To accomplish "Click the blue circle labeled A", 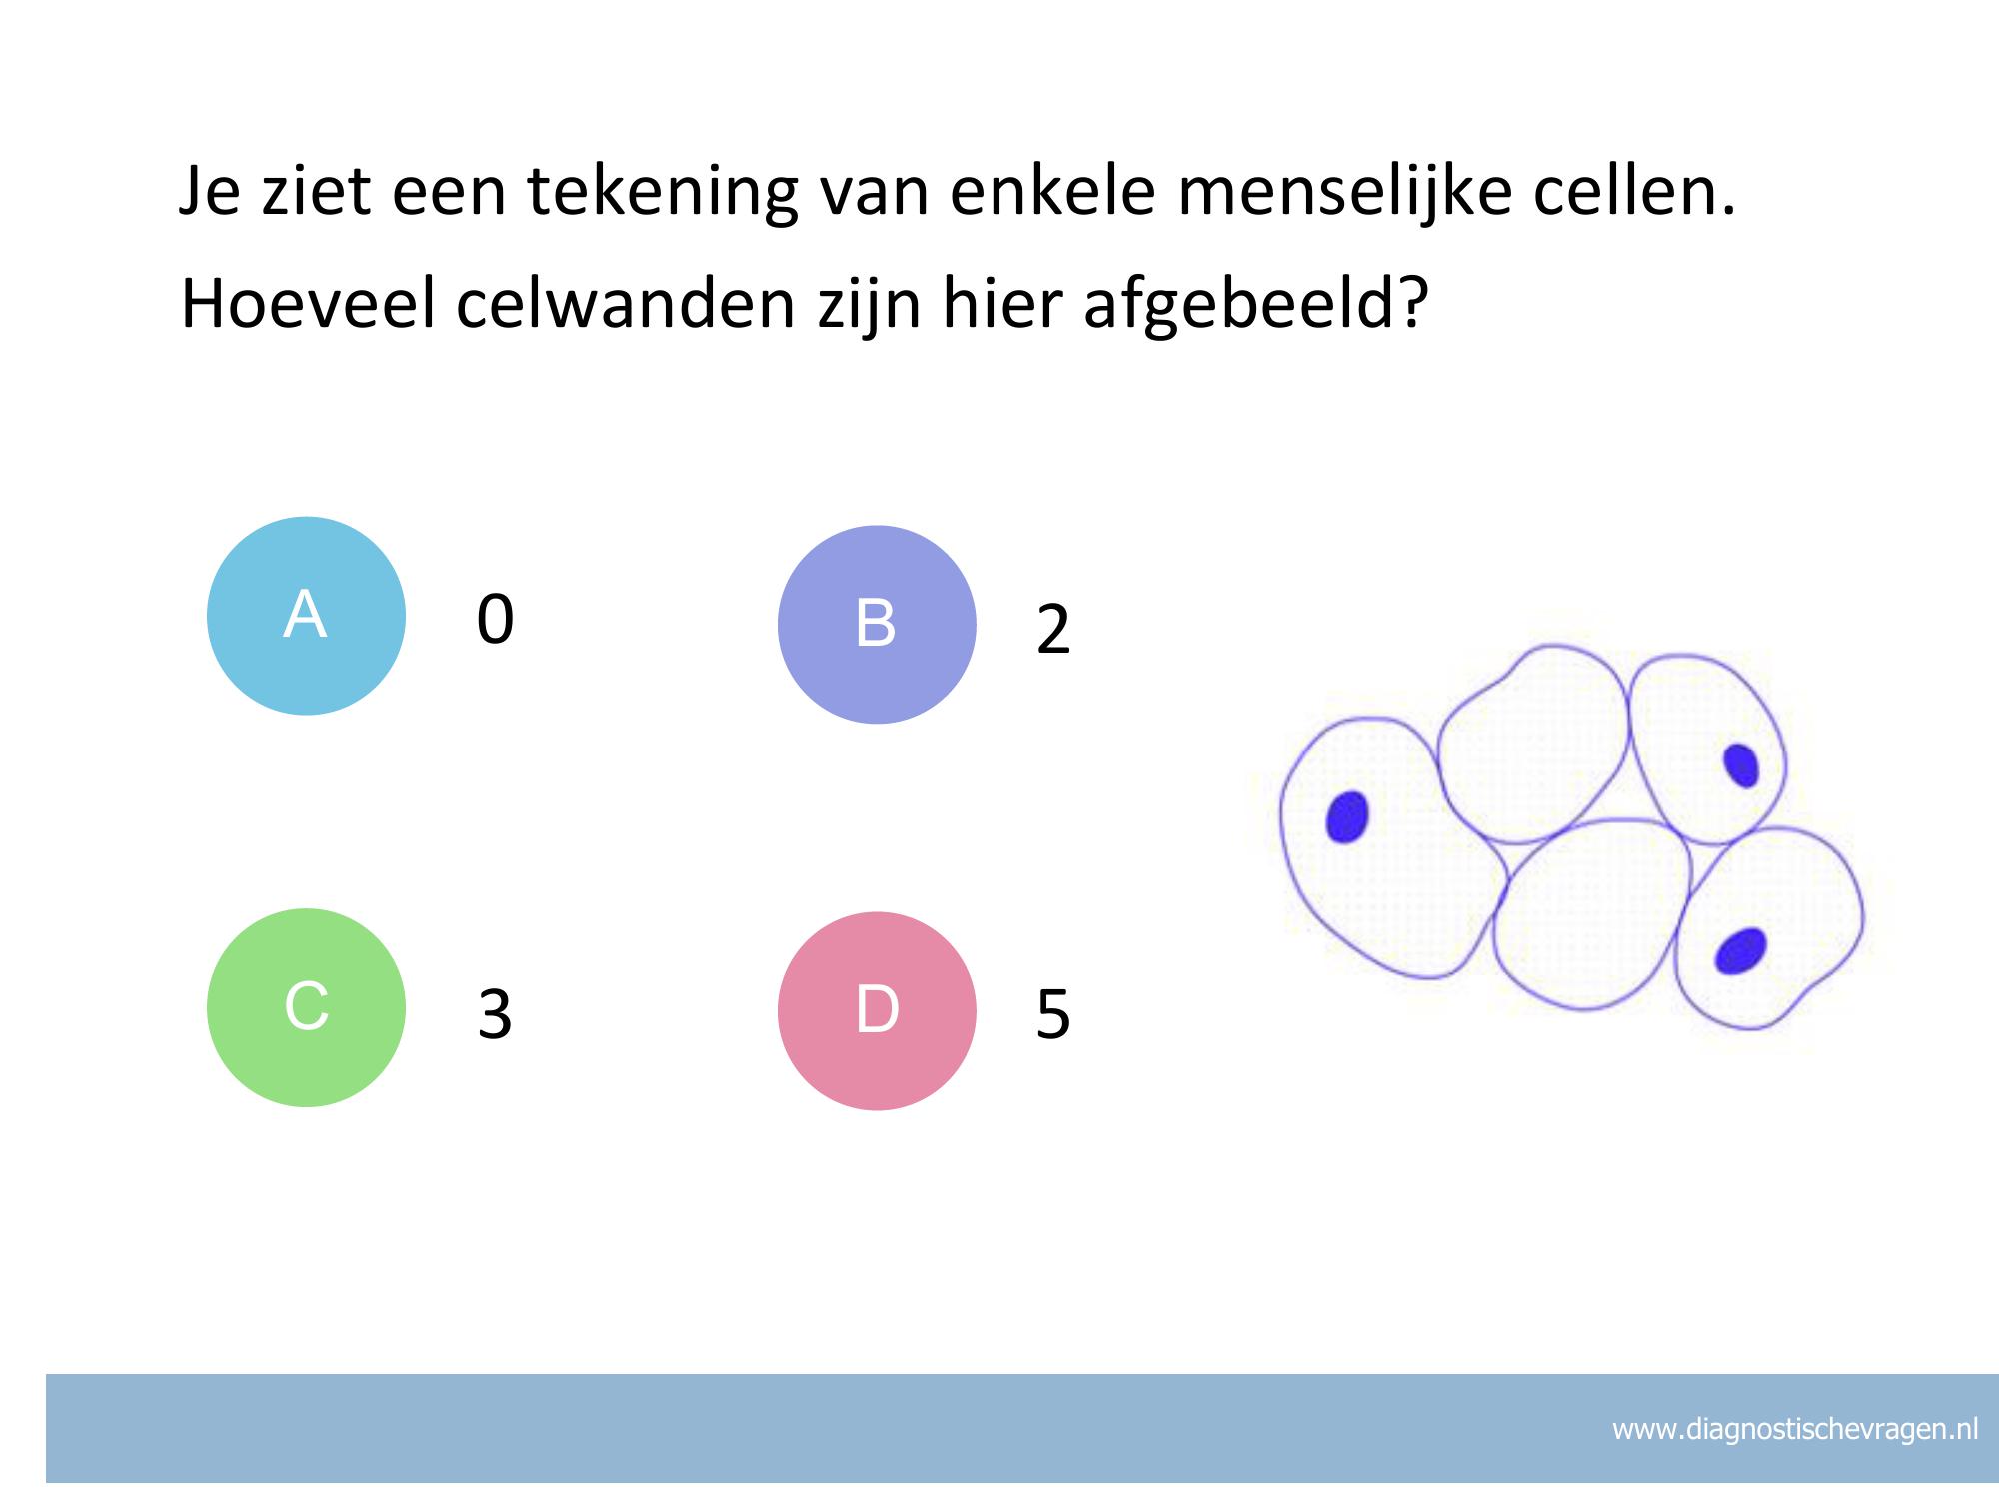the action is coord(306,616).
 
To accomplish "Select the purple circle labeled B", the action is coord(877,625).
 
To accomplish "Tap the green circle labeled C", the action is coord(306,1007).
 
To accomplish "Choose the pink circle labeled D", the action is coord(877,1011).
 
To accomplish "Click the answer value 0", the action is coord(495,619).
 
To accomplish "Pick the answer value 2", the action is coord(1053,630).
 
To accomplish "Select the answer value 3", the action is coord(495,1014).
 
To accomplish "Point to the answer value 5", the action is coord(1053,1014).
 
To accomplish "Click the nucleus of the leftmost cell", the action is coord(1346,816).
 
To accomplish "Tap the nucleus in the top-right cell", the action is coord(1741,765).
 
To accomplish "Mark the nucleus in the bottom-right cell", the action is coord(1740,950).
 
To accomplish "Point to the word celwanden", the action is coord(626,304).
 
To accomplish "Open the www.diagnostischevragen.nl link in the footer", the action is coord(1795,1429).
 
